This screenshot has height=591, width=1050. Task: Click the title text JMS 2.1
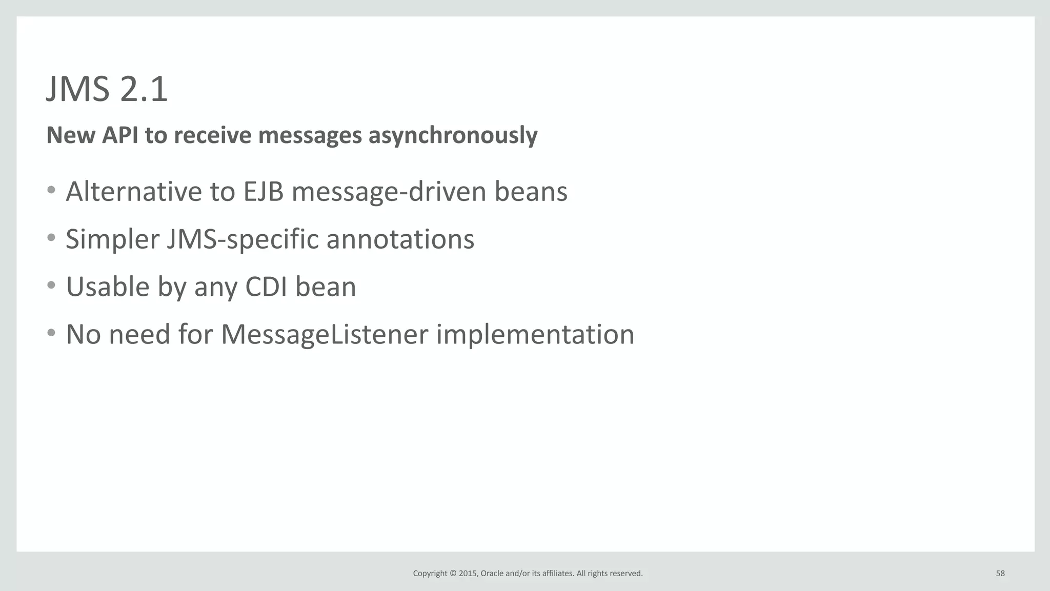(x=107, y=89)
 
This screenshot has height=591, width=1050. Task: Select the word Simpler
(x=112, y=240)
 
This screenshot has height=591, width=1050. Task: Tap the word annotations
(x=400, y=239)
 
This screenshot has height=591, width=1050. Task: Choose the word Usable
(x=108, y=287)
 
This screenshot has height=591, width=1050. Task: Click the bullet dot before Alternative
(x=51, y=190)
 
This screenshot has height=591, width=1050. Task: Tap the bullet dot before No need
(x=51, y=333)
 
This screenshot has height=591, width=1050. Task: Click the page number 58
(x=1000, y=574)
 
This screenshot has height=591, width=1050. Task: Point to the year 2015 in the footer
(x=468, y=574)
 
